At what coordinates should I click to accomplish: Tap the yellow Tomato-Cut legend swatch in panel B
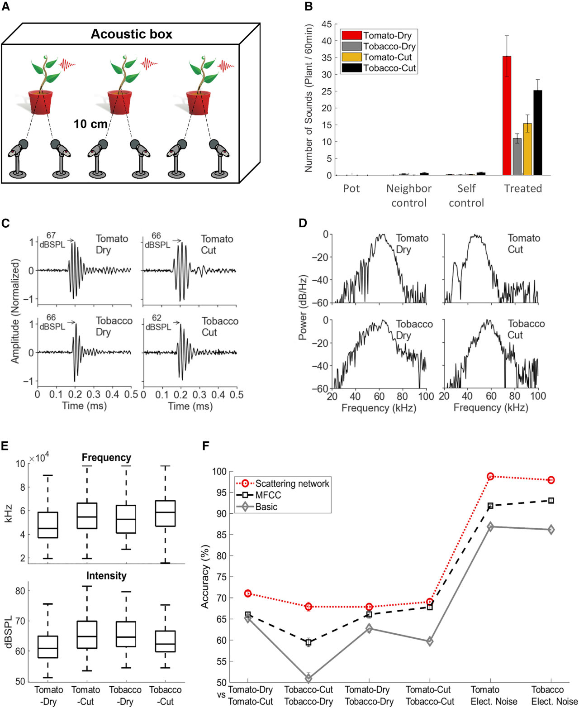click(351, 57)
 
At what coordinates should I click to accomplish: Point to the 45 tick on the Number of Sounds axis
click(327, 24)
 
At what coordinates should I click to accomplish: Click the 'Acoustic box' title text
click(132, 34)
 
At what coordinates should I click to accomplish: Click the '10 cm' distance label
click(90, 124)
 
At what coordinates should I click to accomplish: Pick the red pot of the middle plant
click(119, 102)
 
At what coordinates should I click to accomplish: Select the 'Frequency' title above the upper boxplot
click(106, 457)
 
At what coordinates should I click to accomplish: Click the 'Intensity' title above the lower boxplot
click(106, 575)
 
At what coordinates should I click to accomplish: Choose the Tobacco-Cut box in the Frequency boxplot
click(165, 513)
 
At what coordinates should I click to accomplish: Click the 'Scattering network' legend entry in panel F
click(292, 483)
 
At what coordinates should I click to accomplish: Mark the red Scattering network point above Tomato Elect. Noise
click(490, 476)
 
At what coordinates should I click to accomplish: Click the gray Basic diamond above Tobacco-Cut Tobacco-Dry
click(308, 678)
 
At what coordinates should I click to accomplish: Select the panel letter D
click(303, 223)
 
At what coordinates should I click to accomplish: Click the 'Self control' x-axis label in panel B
click(466, 195)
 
